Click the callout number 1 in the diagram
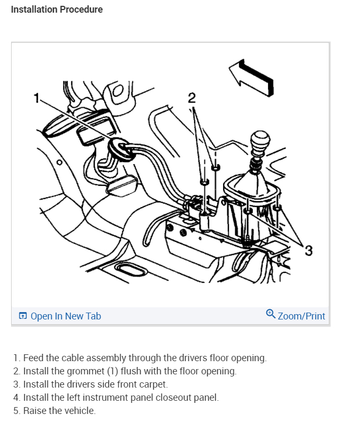[36, 98]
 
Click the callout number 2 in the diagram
[191, 98]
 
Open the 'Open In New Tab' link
[66, 316]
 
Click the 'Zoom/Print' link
[301, 316]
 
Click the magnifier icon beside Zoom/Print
[271, 314]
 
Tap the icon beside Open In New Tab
[23, 316]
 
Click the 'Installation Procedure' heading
[57, 10]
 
